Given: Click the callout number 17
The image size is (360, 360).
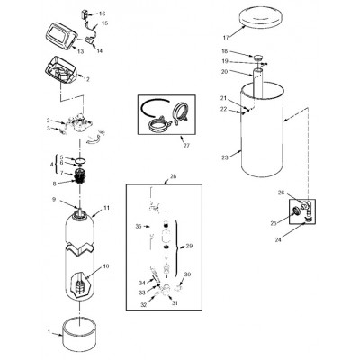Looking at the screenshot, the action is point(226,38).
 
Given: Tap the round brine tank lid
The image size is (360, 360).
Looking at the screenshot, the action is point(262,19).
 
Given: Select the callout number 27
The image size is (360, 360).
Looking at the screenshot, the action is point(186,146).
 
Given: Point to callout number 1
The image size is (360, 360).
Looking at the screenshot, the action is point(49,332).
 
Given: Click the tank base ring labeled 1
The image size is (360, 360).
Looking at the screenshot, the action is point(79,337).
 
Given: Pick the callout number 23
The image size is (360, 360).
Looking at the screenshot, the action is point(225,157).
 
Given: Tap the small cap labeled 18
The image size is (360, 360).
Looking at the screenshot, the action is point(257,58).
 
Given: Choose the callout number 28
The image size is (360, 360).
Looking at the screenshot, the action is point(173,176).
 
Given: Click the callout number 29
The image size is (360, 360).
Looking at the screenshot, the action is point(189,246).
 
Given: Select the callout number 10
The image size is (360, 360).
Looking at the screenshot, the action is point(106,266).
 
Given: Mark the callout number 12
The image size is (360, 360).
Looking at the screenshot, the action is point(86,79).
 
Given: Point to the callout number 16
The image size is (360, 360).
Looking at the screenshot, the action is point(102,13).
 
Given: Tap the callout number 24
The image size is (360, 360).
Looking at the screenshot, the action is point(278,239).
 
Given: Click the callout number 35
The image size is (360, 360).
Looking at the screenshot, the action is point(138,227).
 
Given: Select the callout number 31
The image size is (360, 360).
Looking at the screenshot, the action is point(175,303).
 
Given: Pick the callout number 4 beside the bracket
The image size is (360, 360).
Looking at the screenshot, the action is point(51,165).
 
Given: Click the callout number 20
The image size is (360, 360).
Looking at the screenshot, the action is point(225,71).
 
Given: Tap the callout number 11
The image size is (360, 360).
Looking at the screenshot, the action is point(107,208).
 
